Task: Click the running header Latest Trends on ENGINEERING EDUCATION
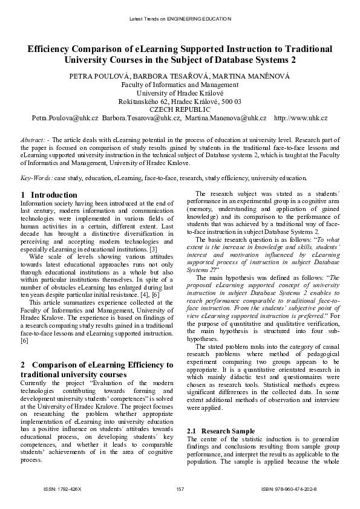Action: click(x=180, y=19)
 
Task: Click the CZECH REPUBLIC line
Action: click(x=180, y=109)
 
